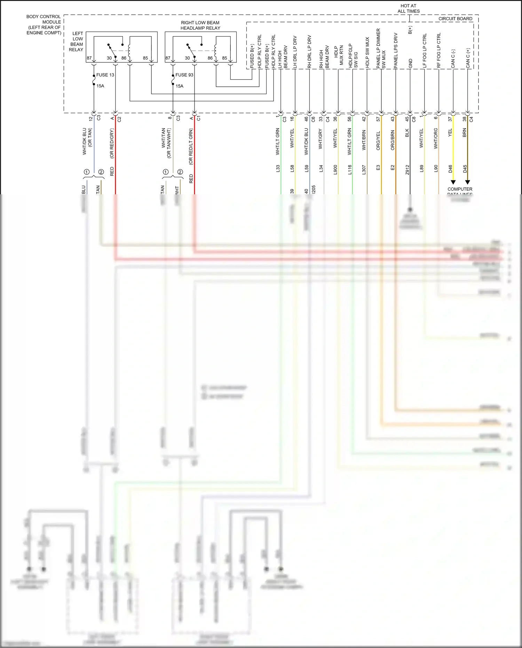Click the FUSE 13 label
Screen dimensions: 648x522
[x=105, y=75]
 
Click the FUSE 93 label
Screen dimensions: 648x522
[x=184, y=75]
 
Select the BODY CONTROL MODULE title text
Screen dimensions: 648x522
[x=43, y=24]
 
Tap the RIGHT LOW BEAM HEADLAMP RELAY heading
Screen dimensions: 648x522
[x=200, y=25]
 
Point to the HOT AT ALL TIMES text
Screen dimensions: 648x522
[x=408, y=8]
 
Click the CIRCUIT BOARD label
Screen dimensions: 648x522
[x=455, y=19]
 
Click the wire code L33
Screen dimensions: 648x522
[x=278, y=169]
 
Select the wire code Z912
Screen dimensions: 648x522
[x=407, y=170]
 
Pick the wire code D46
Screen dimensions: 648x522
[x=450, y=169]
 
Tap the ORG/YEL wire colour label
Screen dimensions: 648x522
[x=378, y=140]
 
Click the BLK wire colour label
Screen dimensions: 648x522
[x=407, y=133]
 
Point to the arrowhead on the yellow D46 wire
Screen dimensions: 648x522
[x=453, y=182]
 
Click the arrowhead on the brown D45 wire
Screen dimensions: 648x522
[x=468, y=182]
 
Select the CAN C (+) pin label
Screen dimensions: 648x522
[x=468, y=58]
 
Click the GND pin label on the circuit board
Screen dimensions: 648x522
[x=411, y=63]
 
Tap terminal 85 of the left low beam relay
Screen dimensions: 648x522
[x=145, y=58]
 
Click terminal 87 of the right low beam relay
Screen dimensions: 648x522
[x=168, y=58]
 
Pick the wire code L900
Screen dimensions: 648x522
[x=335, y=170]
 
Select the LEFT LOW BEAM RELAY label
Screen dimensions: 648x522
[x=77, y=41]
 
